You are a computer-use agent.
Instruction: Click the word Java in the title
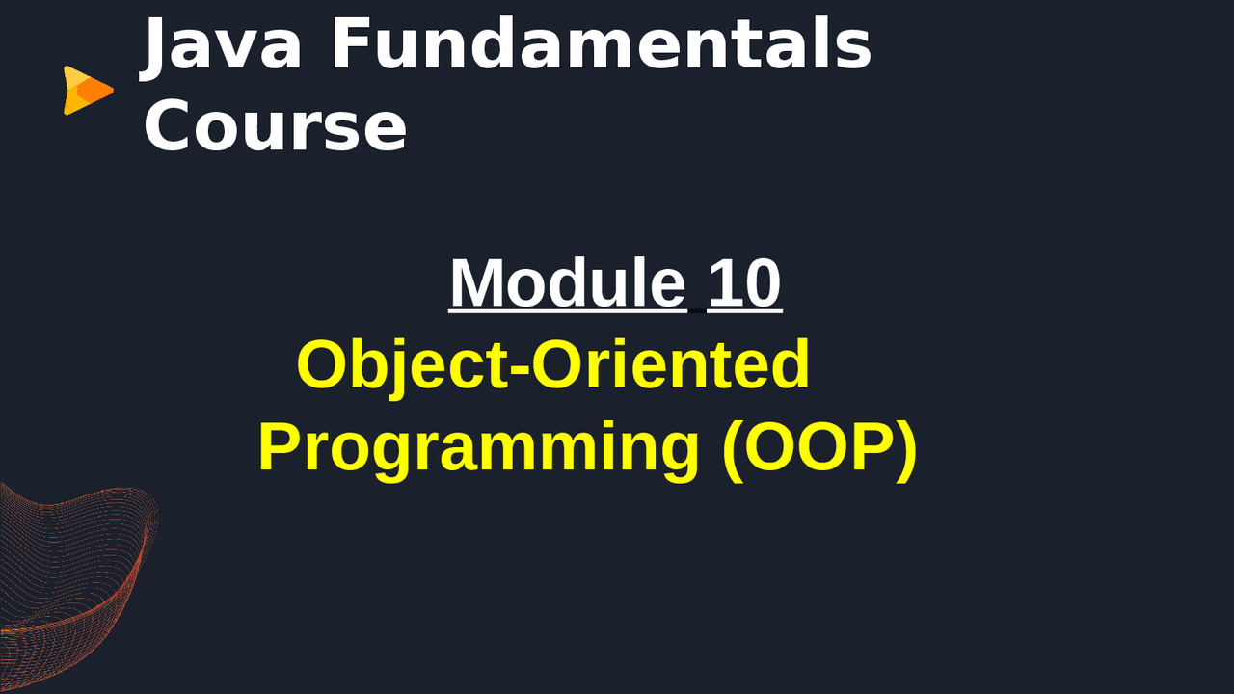[x=223, y=45]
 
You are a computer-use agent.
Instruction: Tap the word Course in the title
[x=275, y=127]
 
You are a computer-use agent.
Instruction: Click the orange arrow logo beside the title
[x=87, y=91]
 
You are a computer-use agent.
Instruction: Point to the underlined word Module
[x=567, y=283]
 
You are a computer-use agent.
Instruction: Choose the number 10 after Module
[x=744, y=283]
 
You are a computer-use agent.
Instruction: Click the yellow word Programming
[x=478, y=447]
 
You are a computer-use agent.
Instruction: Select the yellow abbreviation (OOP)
[x=819, y=447]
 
